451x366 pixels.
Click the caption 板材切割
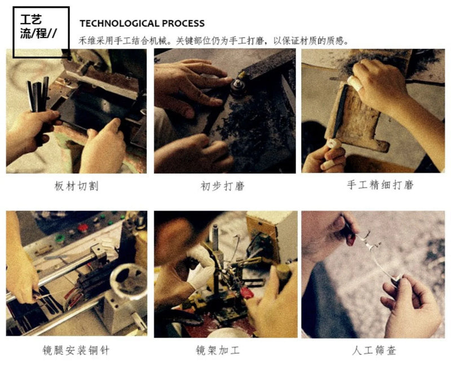pos(77,186)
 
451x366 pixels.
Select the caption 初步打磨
pos(223,186)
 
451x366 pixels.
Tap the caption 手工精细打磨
pos(380,185)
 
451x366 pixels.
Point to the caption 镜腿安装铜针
pos(76,350)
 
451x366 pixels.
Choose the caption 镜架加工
pos(218,350)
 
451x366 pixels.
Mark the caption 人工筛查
pos(374,350)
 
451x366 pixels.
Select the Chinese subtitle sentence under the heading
pos(214,41)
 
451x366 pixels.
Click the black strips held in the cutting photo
pos(38,94)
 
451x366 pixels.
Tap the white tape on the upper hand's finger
pos(354,82)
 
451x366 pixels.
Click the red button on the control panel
pos(83,228)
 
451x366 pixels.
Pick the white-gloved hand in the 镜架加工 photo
pos(201,267)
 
